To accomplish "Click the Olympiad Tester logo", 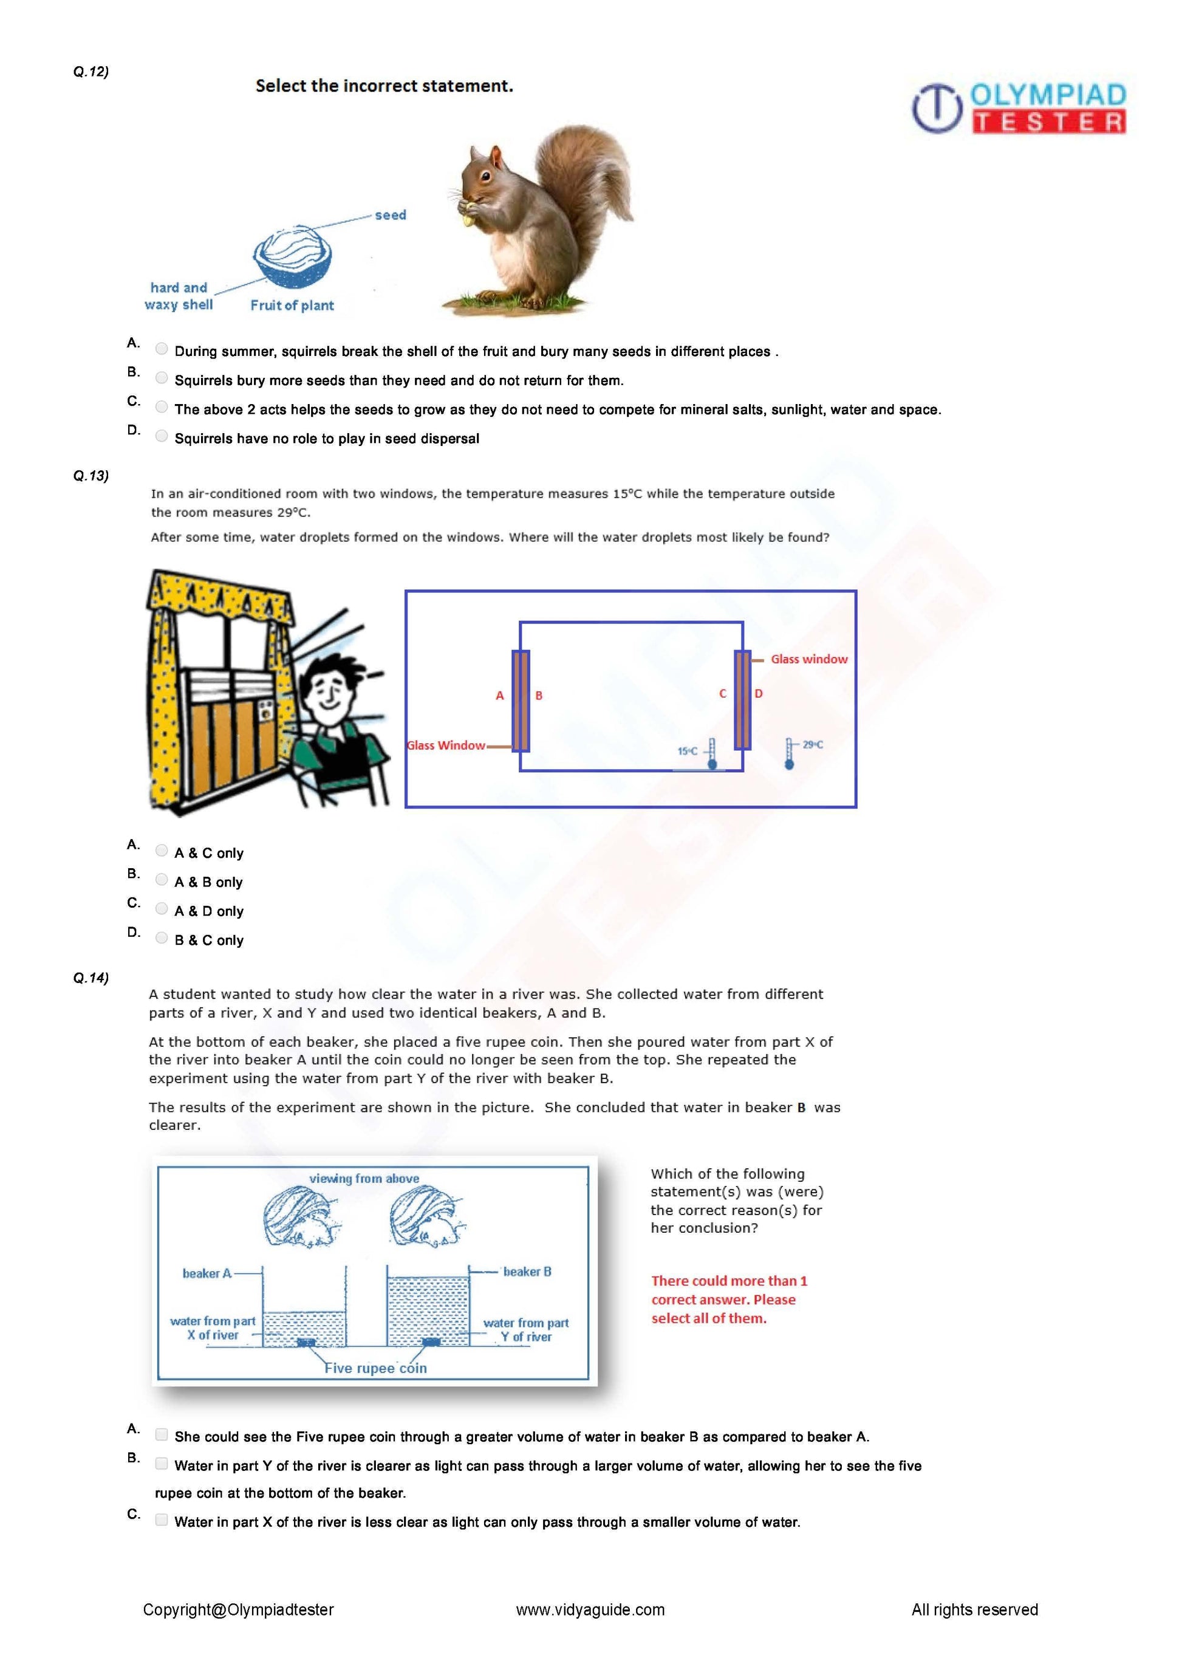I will [1019, 108].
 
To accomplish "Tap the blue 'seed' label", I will [390, 215].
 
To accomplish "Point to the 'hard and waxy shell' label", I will [179, 296].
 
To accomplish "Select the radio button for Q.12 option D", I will [162, 436].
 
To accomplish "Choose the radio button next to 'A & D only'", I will [162, 909].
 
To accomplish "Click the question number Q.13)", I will [91, 476].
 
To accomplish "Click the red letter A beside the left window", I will [499, 696].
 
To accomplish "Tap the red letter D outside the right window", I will [759, 693].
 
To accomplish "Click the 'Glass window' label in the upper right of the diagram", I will [808, 659].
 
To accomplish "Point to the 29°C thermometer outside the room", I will [789, 754].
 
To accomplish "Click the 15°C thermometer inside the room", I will [712, 754].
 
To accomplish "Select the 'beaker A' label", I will [207, 1273].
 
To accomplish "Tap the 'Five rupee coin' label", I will [375, 1368].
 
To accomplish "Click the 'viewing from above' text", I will [364, 1178].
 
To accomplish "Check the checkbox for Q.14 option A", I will [162, 1434].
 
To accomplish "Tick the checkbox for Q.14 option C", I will [162, 1520].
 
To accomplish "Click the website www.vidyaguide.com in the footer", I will [590, 1609].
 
